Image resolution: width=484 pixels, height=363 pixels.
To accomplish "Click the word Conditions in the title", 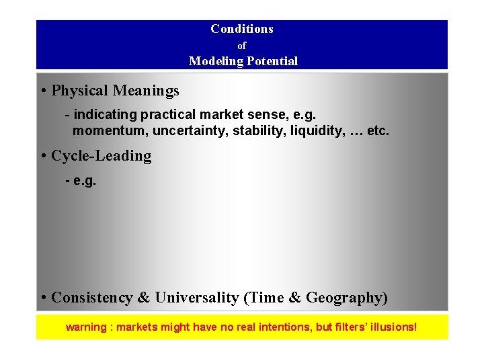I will click(x=241, y=29).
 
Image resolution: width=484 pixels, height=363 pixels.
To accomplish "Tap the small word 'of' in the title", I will click(x=242, y=46).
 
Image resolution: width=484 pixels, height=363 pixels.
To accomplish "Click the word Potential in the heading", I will click(x=272, y=61).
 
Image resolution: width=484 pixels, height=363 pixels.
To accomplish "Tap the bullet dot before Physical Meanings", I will click(x=43, y=91).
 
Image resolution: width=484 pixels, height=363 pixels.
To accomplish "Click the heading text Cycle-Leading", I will click(x=102, y=156).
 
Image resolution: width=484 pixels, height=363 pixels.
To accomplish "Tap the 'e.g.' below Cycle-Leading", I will click(x=84, y=181).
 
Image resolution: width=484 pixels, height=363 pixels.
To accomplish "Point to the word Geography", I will click(x=344, y=297).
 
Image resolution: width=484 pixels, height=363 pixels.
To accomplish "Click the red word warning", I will click(x=85, y=327).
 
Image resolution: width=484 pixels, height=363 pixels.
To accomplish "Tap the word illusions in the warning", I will click(x=391, y=327).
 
